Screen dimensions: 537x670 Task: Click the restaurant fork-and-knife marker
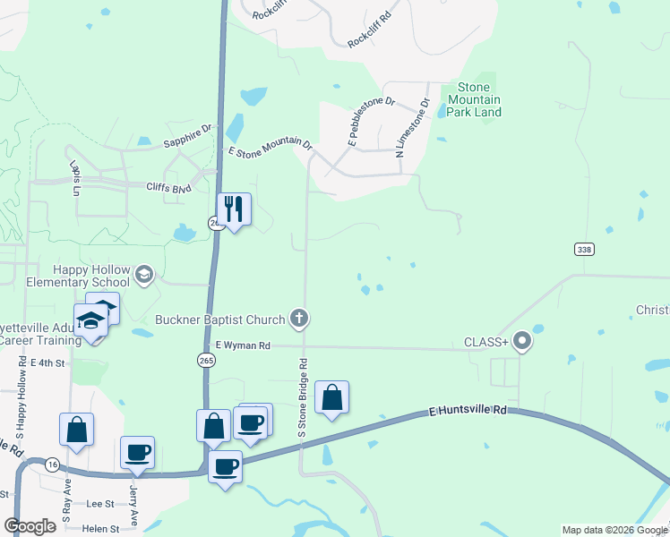coord(234,210)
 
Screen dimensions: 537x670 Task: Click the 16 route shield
coord(53,464)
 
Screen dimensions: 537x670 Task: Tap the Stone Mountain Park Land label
coord(479,99)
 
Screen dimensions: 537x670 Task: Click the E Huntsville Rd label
coord(468,410)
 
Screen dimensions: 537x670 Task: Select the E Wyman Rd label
coord(242,345)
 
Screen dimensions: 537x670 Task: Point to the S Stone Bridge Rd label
coord(304,397)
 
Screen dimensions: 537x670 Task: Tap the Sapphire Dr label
coord(186,136)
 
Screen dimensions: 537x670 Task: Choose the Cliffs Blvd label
coord(169,188)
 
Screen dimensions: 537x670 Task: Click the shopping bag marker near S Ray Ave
coord(76,429)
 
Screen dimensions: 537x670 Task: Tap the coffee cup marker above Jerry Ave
coord(138,452)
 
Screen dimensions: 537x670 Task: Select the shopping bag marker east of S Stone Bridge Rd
coord(331,397)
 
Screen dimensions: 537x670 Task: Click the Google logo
coord(30,526)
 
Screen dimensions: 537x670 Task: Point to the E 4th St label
coord(48,362)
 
